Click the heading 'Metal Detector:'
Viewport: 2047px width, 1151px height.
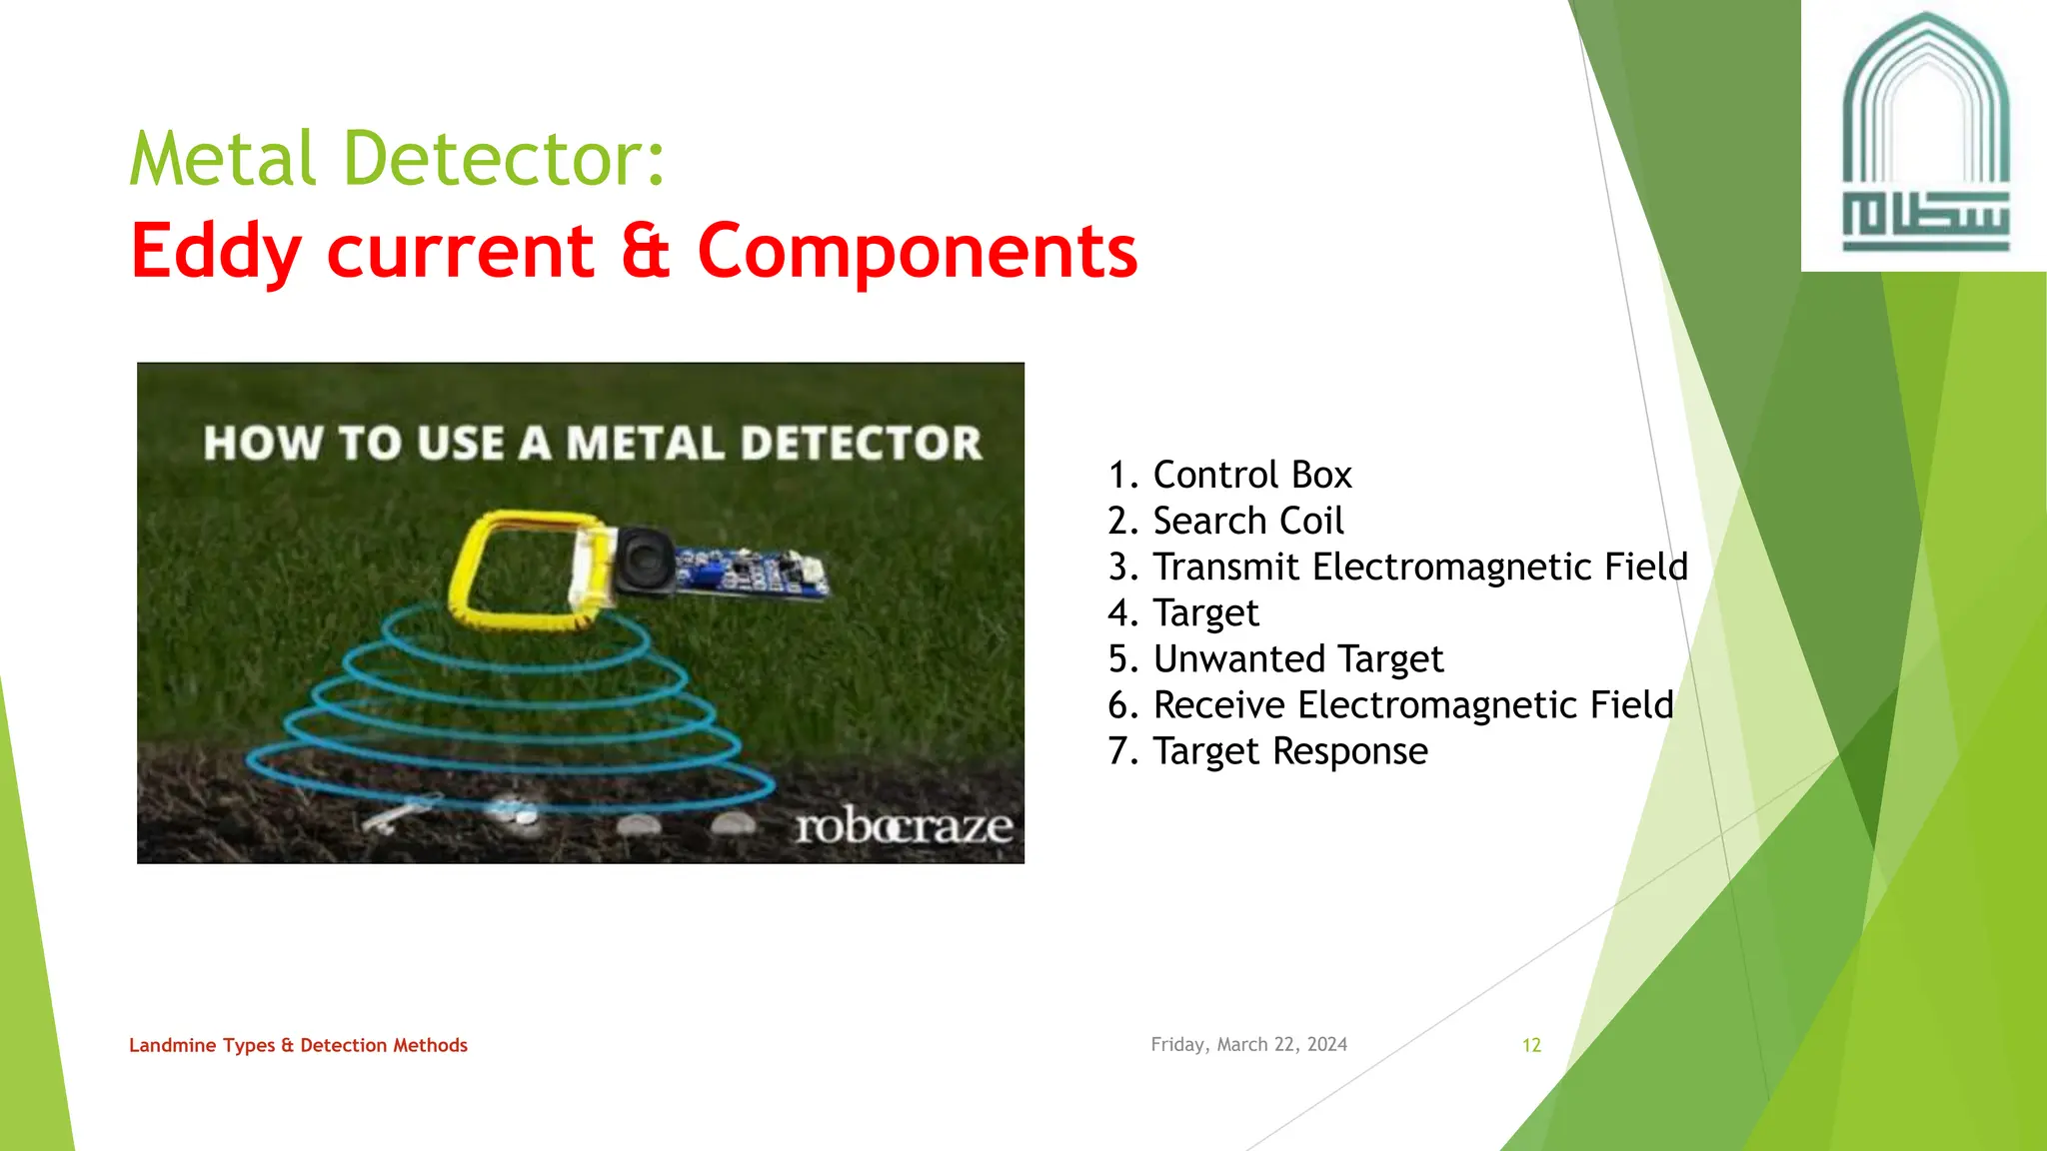pos(397,159)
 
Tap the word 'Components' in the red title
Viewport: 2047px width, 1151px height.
pos(917,251)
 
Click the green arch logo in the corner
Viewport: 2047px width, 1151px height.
pos(1925,135)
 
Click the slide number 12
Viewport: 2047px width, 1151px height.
pos(1531,1045)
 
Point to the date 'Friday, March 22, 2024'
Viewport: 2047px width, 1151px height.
pos(1248,1044)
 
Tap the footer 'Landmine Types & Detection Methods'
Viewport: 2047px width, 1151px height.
pos(298,1045)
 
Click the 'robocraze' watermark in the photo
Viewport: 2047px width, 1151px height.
pos(903,826)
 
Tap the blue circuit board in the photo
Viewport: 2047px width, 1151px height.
pos(750,575)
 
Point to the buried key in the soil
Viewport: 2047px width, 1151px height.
pos(400,812)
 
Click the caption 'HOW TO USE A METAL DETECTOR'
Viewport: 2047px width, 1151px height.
pos(592,443)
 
